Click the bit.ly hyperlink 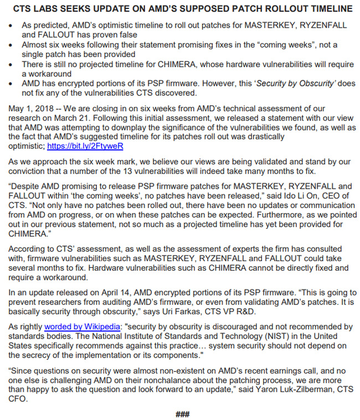pyautogui.click(x=85, y=147)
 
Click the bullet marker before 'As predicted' pyautogui.click(x=12, y=26)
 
